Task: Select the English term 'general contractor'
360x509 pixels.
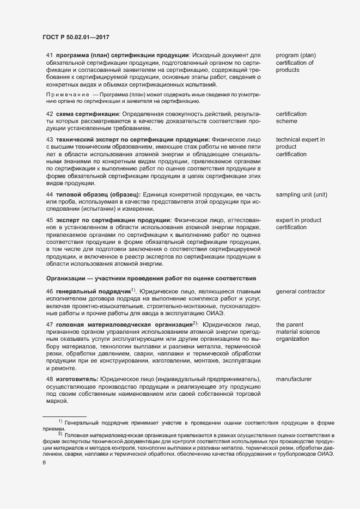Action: tap(300, 292)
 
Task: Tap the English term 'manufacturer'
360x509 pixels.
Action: tap(294, 378)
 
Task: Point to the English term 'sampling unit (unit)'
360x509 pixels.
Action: tap(301, 194)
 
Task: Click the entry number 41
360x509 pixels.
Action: tap(49, 56)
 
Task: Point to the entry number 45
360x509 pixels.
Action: tap(49, 220)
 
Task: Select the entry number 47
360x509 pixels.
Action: tap(49, 324)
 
